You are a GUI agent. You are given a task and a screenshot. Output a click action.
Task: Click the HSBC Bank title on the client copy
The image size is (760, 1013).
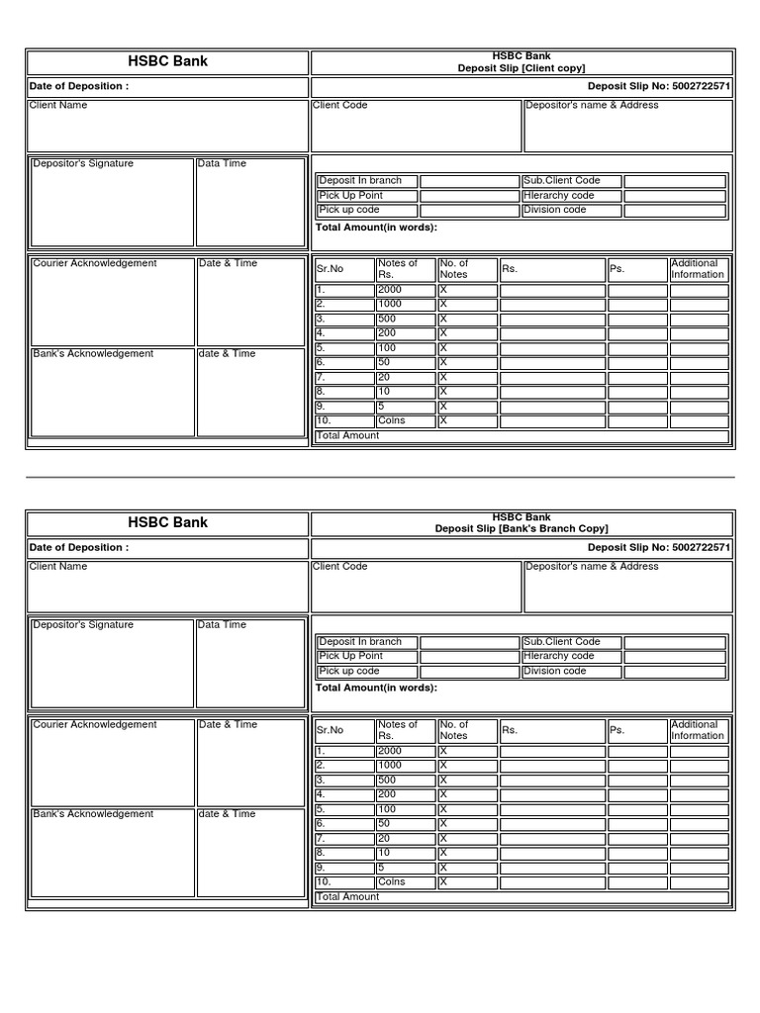coord(168,61)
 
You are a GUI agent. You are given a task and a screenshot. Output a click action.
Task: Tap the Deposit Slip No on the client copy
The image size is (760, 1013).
coord(659,86)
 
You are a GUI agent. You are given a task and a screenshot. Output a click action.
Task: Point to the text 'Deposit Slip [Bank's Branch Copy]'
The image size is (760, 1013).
coord(522,529)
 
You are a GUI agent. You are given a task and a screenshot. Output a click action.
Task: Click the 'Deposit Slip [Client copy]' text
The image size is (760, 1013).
coord(522,68)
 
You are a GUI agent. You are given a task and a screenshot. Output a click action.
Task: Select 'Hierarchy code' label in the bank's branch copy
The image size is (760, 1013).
coord(559,656)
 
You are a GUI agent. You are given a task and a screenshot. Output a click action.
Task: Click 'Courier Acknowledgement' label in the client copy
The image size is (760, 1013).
coord(95,263)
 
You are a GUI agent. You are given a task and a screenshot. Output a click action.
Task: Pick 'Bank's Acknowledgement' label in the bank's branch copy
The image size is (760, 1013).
coord(93,814)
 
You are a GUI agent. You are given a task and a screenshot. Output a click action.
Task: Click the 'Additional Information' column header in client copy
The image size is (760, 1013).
coord(698,269)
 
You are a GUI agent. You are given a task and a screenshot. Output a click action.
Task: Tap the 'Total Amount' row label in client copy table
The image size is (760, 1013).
coord(347,435)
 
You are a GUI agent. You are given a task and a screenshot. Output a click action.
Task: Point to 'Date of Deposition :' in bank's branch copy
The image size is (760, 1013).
coord(78,547)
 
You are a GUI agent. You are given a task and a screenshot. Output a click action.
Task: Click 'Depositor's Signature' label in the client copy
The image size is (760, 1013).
coord(83,163)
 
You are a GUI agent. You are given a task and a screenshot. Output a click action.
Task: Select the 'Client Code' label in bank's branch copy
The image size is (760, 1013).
coord(340,566)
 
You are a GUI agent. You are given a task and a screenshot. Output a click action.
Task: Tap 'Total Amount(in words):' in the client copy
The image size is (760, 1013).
coord(376,227)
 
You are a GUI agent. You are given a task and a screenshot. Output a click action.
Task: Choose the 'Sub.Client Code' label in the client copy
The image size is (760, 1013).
coord(562,181)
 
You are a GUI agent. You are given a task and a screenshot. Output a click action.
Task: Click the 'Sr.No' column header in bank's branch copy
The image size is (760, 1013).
coord(330,730)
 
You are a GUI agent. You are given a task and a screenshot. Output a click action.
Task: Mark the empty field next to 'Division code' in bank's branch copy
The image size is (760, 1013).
coord(675,671)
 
